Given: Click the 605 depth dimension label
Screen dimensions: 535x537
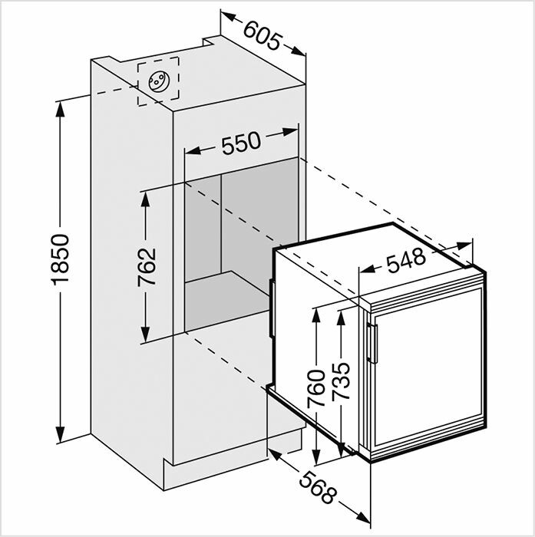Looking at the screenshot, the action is tap(263, 35).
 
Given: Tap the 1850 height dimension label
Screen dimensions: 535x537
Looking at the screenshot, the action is tap(61, 259).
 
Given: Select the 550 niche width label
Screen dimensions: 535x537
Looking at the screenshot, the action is tap(241, 143).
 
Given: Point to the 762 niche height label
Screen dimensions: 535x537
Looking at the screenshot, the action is tap(147, 267).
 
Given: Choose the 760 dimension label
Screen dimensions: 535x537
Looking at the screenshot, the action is tap(316, 388).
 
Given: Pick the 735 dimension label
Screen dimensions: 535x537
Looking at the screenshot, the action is tap(341, 381).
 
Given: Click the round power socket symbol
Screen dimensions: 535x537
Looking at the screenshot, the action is tap(159, 81).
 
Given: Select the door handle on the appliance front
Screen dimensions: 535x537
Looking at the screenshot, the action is tap(372, 342).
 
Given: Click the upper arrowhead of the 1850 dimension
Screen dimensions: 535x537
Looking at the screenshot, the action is tap(61, 110).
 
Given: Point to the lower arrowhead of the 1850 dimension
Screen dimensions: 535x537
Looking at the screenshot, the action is tap(61, 434).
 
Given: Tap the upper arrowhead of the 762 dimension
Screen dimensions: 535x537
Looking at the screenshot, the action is tap(145, 199).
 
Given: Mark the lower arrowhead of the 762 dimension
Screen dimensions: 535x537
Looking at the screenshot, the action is tap(145, 334).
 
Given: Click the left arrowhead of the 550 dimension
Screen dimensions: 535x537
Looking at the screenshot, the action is tap(193, 150).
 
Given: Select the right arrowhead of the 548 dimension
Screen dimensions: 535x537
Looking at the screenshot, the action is tap(464, 245).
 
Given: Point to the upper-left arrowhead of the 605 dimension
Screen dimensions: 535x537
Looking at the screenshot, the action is tap(229, 16).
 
